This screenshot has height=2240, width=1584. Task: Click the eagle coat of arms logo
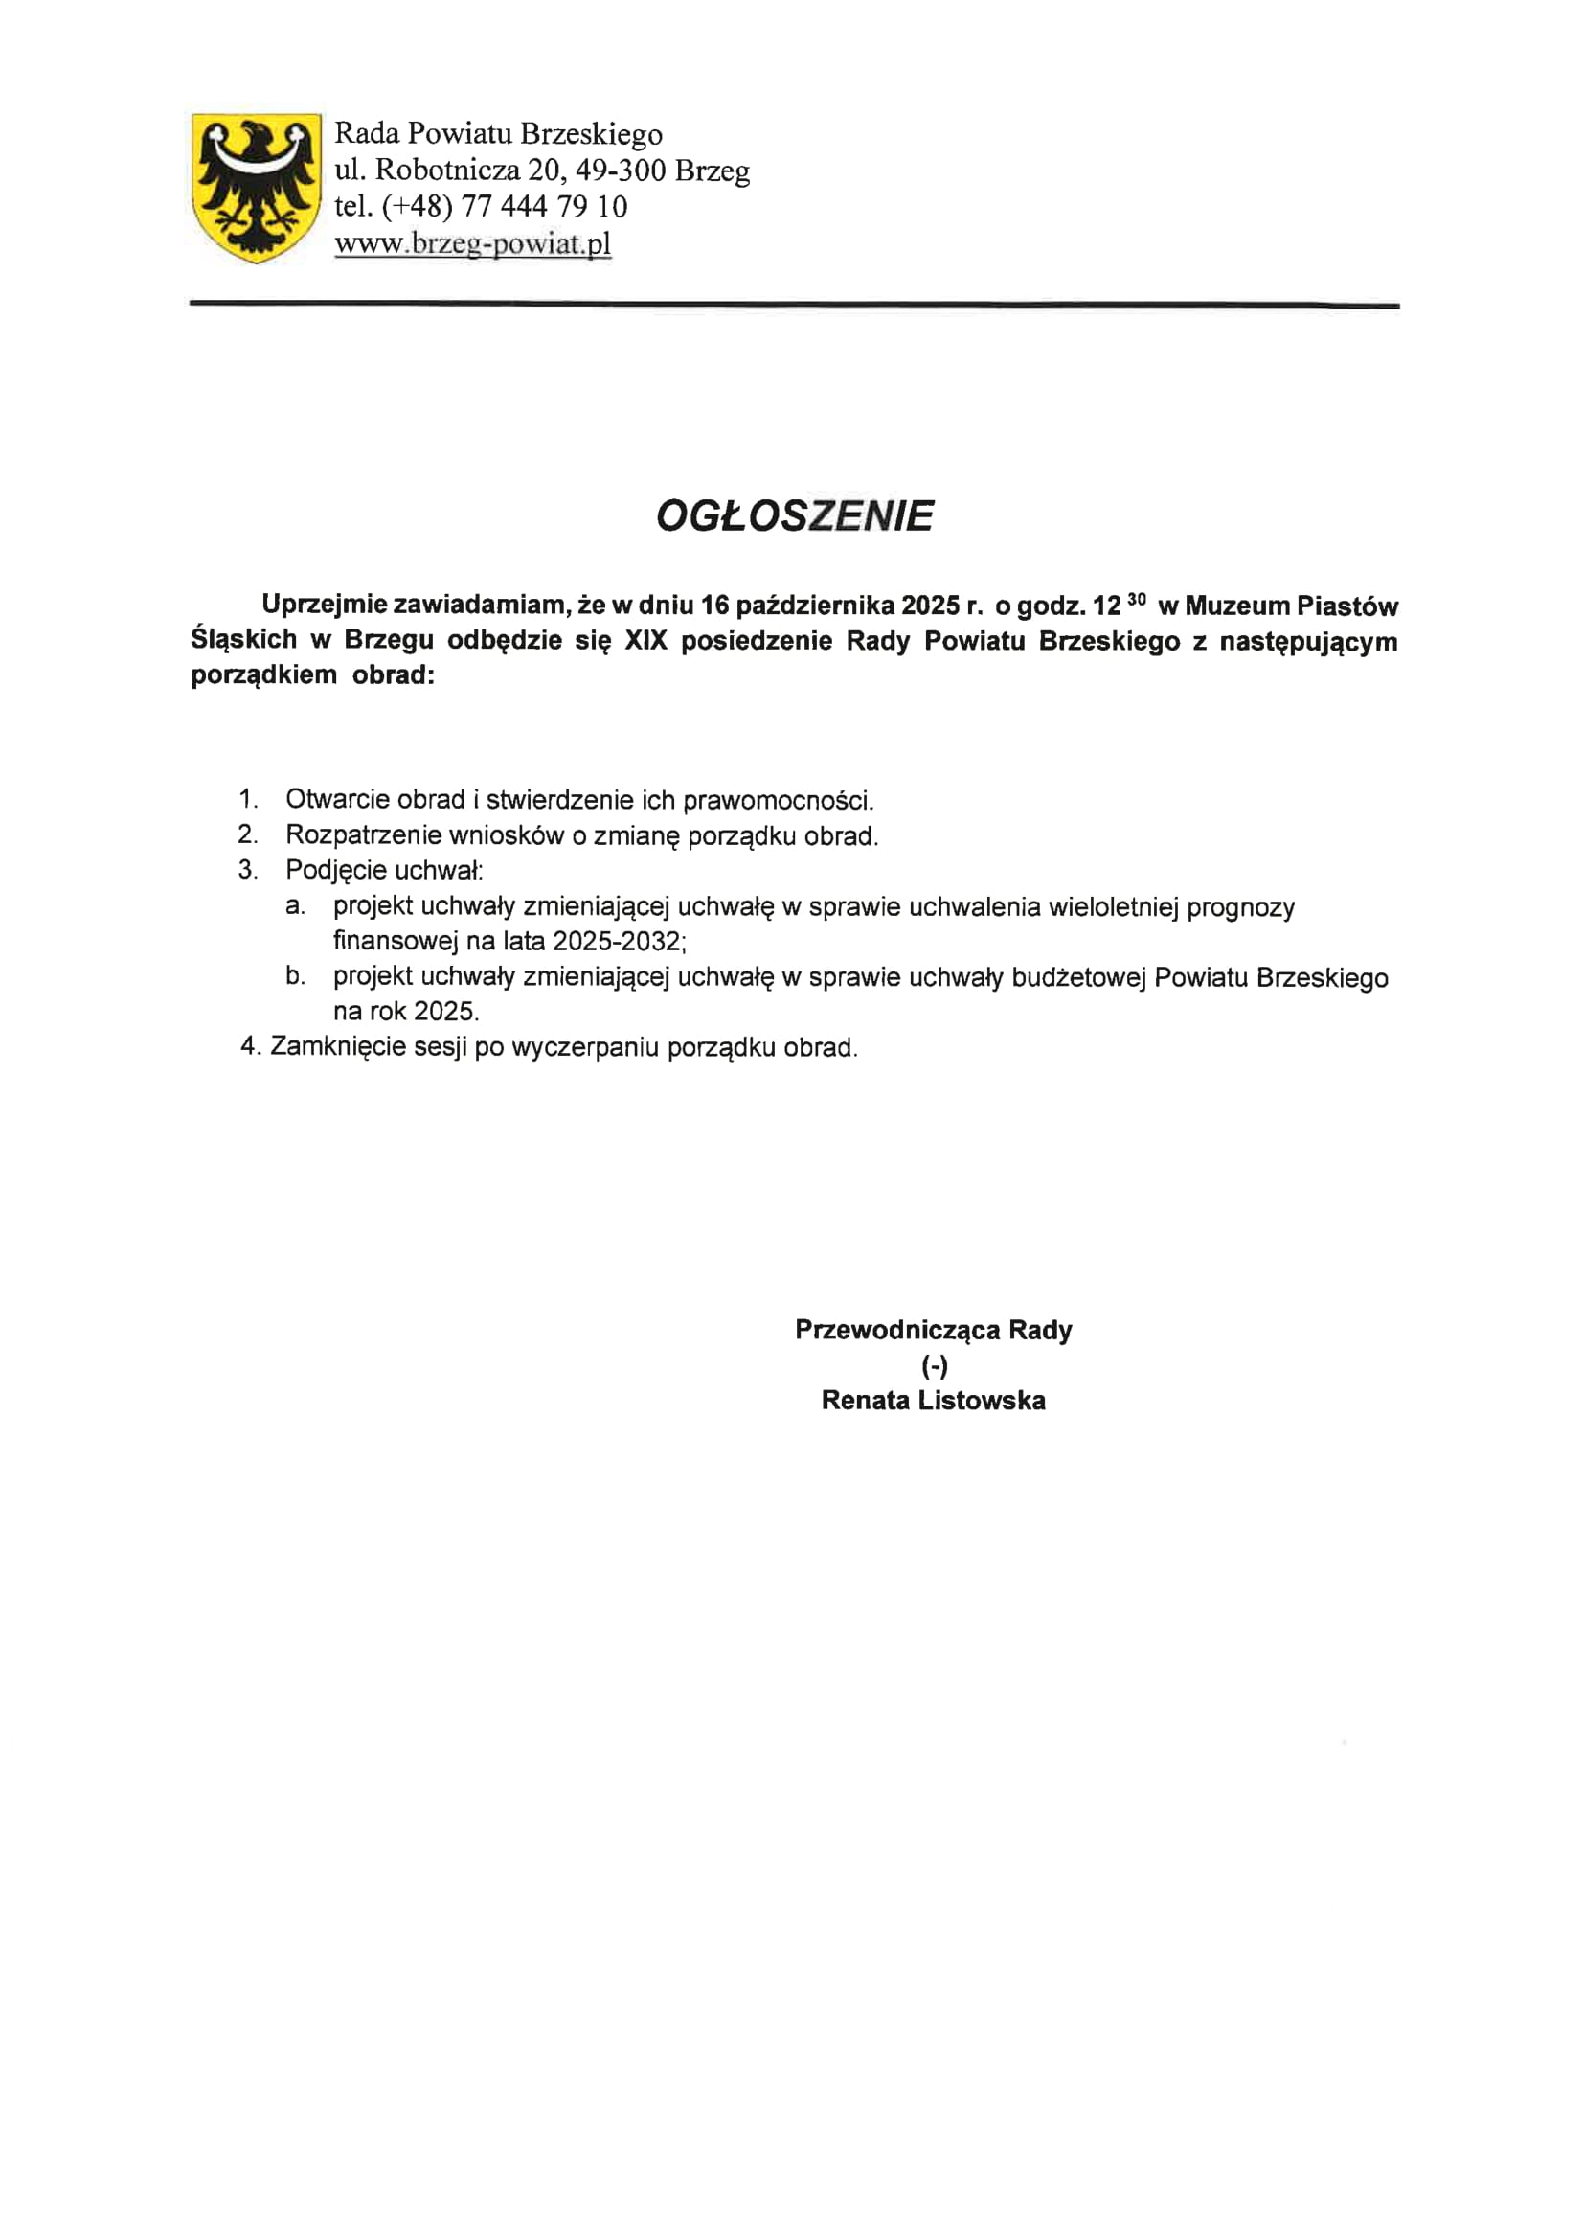tap(257, 188)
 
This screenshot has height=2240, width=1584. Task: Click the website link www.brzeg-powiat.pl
tap(472, 243)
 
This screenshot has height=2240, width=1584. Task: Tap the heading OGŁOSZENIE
tap(794, 516)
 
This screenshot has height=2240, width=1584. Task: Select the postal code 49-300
tap(621, 171)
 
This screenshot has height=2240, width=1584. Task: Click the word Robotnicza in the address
tap(447, 171)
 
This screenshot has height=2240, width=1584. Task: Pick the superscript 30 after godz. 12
tap(1136, 599)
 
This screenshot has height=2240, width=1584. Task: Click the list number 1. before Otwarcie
tap(248, 799)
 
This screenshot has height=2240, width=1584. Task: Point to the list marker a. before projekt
tap(295, 906)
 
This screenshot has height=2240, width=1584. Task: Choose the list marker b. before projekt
tap(295, 975)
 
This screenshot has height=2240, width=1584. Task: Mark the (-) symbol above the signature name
tap(934, 1366)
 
